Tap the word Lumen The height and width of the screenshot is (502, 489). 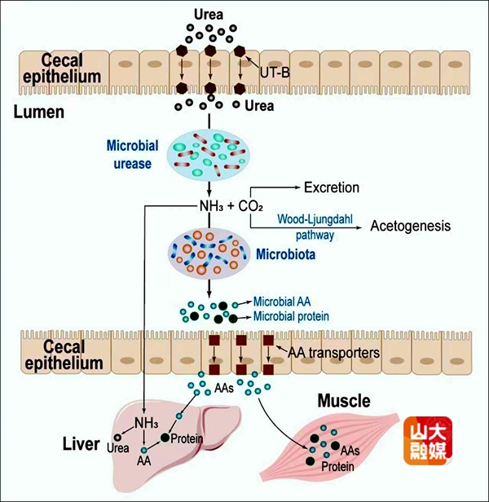pyautogui.click(x=38, y=112)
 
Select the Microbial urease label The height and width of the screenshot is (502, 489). pyautogui.click(x=130, y=153)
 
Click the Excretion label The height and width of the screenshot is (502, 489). pyautogui.click(x=331, y=187)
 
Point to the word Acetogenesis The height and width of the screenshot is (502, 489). pyautogui.click(x=410, y=225)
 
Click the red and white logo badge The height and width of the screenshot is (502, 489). pyautogui.click(x=427, y=441)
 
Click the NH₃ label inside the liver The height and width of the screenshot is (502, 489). pyautogui.click(x=148, y=423)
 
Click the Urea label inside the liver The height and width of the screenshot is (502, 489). pyautogui.click(x=118, y=447)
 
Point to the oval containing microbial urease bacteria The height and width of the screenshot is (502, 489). pyautogui.click(x=209, y=152)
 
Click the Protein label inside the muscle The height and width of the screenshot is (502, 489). pyautogui.click(x=337, y=468)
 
